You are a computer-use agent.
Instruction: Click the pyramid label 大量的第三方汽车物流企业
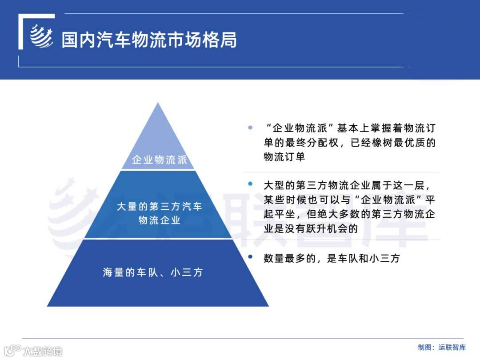159,213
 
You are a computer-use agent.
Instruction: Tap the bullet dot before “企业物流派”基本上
250,128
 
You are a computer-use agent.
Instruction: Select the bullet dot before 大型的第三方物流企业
250,184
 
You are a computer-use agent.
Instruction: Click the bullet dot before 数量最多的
250,257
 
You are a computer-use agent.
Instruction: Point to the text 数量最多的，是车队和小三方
331,258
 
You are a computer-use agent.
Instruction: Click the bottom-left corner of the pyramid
48,306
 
